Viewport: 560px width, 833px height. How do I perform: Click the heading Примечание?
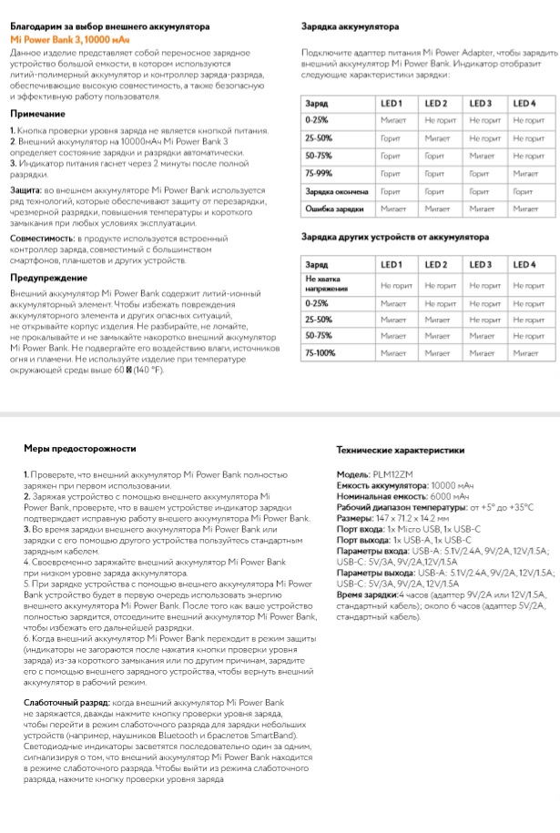pos(37,114)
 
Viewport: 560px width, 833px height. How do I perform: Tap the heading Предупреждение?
pos(48,277)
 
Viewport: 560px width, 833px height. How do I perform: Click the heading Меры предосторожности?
pos(80,449)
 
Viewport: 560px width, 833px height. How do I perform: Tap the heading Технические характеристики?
pos(400,450)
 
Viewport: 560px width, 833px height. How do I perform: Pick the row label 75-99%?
pos(319,173)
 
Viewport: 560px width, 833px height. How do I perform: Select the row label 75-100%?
pos(321,352)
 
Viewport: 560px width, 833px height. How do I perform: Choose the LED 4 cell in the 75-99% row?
pos(525,173)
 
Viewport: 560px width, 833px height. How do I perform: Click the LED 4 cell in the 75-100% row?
pos(525,352)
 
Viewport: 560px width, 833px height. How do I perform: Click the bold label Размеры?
pos(354,516)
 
